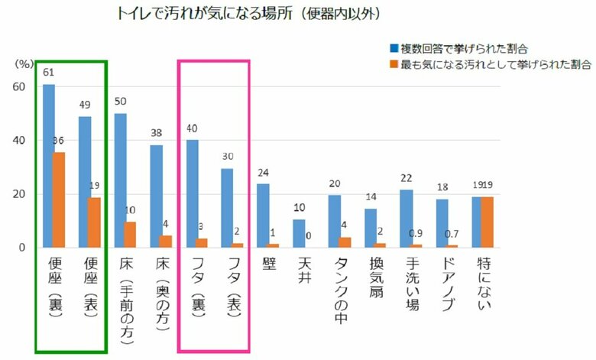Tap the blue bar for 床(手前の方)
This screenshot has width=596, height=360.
pyautogui.click(x=120, y=180)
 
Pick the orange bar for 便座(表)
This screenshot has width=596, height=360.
pyautogui.click(x=95, y=222)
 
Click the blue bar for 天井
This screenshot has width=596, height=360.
pyautogui.click(x=299, y=234)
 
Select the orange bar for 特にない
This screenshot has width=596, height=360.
pyautogui.click(x=487, y=222)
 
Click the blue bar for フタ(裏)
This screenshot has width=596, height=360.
pyautogui.click(x=192, y=194)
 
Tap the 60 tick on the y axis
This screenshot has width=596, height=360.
pyautogui.click(x=19, y=87)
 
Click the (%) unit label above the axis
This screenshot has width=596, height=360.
pyautogui.click(x=23, y=64)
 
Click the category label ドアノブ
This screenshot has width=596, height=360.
pyautogui.click(x=442, y=287)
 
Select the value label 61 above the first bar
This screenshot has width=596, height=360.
pyautogui.click(x=47, y=73)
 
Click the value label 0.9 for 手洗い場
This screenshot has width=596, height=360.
pyautogui.click(x=439, y=234)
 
